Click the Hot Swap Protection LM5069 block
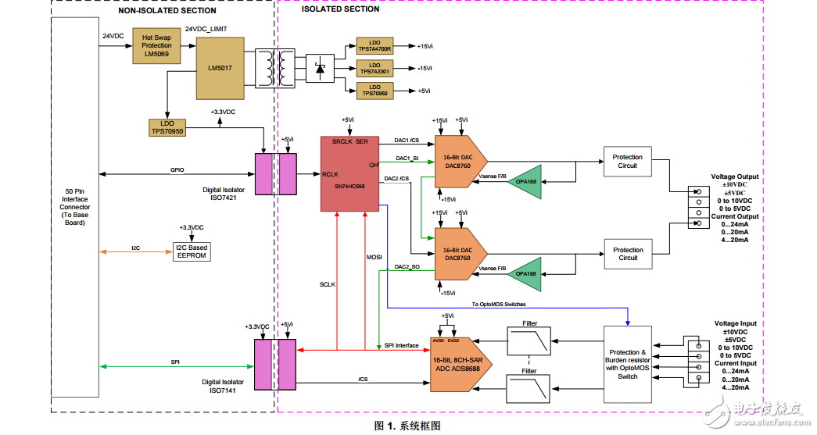pos(157,46)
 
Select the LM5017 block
pos(219,68)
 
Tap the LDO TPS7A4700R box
pos(375,45)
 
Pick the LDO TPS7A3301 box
pos(375,68)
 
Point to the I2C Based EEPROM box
pos(192,251)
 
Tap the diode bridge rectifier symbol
pos(319,68)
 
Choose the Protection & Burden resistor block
pos(628,364)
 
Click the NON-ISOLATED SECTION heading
pos(167,11)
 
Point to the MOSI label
pos(374,256)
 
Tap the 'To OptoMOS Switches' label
pos(498,303)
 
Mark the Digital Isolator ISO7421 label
pos(222,193)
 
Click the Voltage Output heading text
pos(734,177)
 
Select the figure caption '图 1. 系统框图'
pos(408,426)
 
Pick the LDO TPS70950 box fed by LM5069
pos(167,127)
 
